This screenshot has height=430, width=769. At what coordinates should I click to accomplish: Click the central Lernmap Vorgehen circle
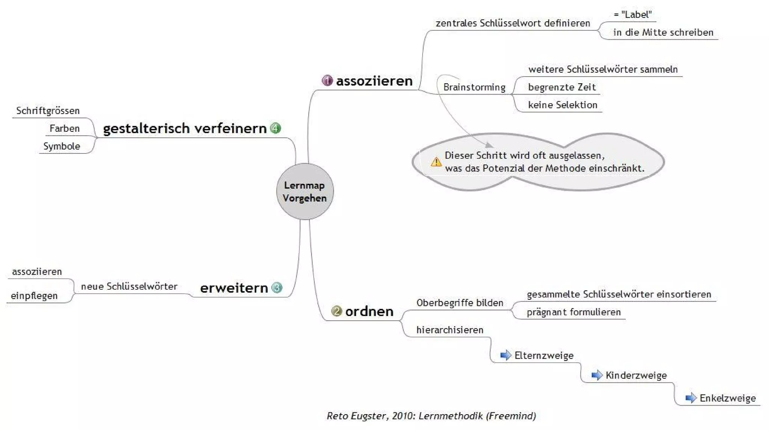click(x=305, y=191)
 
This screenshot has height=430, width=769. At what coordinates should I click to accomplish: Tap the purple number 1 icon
click(x=327, y=80)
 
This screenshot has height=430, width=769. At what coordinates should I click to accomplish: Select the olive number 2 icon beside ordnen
click(x=336, y=311)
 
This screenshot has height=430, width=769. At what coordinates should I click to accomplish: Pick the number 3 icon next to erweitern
click(x=277, y=287)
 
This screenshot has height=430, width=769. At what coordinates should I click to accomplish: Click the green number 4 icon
click(x=275, y=128)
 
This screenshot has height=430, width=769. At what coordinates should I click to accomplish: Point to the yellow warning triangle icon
click(x=436, y=162)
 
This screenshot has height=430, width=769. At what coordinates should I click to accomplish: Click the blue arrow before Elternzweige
click(x=506, y=355)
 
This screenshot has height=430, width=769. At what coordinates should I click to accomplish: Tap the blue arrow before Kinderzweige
click(x=597, y=375)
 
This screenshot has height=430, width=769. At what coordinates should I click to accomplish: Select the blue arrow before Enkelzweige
click(x=691, y=398)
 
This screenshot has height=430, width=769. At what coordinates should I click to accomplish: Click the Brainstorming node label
click(x=474, y=87)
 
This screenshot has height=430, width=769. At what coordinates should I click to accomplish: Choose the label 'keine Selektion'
click(x=562, y=105)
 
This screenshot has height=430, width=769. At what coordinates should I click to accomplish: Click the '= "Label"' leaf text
click(x=633, y=14)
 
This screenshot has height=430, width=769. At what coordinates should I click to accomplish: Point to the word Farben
click(x=65, y=128)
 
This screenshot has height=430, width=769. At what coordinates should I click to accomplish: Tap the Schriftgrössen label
click(x=48, y=110)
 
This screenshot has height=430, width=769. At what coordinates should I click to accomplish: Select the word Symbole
click(x=62, y=146)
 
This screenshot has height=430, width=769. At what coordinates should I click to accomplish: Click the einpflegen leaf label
click(x=34, y=296)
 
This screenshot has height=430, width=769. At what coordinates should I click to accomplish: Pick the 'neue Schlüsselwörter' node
click(x=129, y=286)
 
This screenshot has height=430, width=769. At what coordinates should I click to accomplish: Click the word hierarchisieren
click(x=450, y=330)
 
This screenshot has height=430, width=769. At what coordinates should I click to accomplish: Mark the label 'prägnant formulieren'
click(x=574, y=312)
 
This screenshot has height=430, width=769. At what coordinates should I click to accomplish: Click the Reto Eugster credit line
click(x=431, y=416)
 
